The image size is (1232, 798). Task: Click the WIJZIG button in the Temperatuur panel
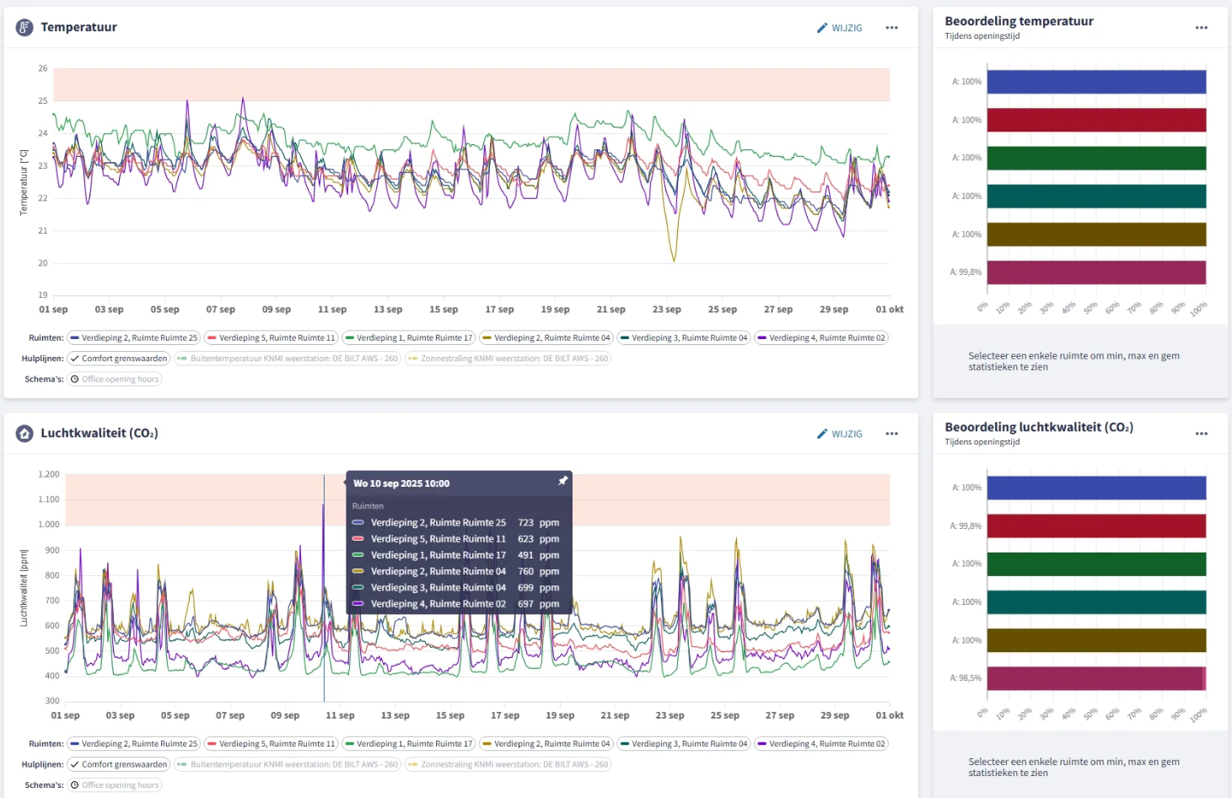click(839, 28)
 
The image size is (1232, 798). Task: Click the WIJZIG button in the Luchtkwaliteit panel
click(839, 434)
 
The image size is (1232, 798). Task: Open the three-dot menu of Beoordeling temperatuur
click(1201, 28)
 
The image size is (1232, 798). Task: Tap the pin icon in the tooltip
click(562, 481)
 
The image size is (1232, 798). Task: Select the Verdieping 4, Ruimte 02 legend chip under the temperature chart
click(821, 337)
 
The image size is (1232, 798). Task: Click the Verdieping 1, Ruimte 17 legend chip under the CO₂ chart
click(409, 744)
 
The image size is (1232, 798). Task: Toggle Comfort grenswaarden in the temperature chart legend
click(119, 359)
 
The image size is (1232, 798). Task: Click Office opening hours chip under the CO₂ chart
click(115, 785)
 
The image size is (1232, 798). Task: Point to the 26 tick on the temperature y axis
click(42, 68)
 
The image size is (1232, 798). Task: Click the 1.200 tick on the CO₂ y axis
click(49, 474)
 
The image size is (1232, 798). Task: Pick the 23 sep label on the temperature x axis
click(666, 310)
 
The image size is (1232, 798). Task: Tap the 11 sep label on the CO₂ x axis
click(340, 715)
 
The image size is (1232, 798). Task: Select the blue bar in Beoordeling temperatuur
click(1096, 82)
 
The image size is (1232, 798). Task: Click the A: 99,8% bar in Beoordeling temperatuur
click(1096, 272)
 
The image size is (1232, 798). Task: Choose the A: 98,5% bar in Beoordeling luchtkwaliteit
click(1096, 678)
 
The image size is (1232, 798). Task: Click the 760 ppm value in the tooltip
click(538, 571)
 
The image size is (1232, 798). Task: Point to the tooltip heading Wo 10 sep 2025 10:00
click(401, 483)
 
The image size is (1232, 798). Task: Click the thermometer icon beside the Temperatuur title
click(24, 27)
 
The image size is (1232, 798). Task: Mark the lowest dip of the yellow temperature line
click(673, 260)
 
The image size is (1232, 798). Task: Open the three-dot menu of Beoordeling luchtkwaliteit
click(1201, 434)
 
